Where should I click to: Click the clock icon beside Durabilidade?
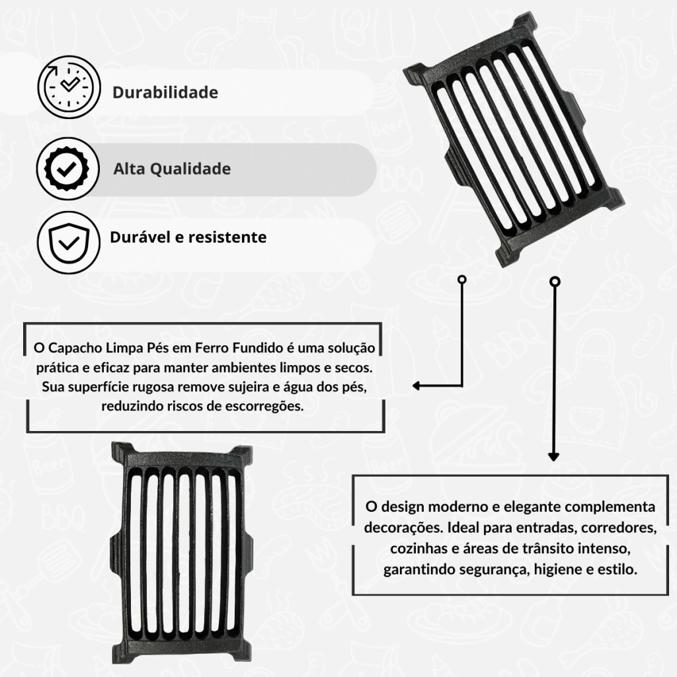point(69,87)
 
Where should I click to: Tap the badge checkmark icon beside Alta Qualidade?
point(67,169)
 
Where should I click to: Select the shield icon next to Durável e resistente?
point(68,243)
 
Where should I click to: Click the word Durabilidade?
point(165,93)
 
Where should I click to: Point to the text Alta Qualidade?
point(172,169)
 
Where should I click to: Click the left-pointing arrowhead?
point(417,385)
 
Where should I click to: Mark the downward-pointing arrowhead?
point(553,457)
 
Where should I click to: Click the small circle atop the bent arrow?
point(462,280)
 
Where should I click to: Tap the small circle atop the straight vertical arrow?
point(555,282)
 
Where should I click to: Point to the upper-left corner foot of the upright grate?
point(122,451)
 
